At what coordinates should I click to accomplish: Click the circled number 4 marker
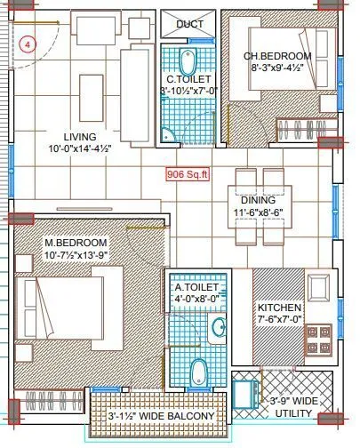coord(28,42)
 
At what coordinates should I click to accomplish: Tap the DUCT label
coord(188,24)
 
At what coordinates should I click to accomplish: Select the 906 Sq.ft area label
coord(186,175)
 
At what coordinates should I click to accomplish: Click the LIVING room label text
coord(67,136)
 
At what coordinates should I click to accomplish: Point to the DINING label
coord(257,201)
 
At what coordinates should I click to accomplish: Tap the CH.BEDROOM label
coord(277,56)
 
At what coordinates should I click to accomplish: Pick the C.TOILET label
coord(187,77)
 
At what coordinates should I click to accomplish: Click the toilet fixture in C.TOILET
coord(188,60)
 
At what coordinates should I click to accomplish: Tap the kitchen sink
coord(318,288)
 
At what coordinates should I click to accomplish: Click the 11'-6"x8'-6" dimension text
coord(257,214)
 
